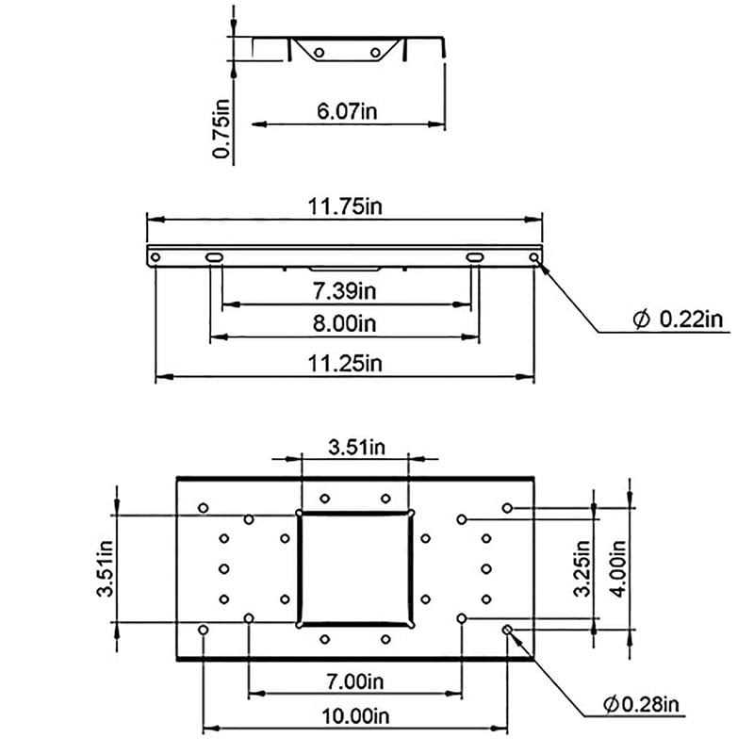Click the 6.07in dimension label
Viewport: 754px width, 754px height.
347,111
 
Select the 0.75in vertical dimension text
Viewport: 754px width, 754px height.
221,128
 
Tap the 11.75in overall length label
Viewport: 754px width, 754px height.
345,206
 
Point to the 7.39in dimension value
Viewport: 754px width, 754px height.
344,291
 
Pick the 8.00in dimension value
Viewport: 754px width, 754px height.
344,323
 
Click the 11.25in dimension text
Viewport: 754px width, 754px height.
345,363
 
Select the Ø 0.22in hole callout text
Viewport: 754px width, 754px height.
678,319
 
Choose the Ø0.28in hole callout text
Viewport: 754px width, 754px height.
641,704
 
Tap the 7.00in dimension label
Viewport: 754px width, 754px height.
355,681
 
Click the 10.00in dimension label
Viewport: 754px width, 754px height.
355,716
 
